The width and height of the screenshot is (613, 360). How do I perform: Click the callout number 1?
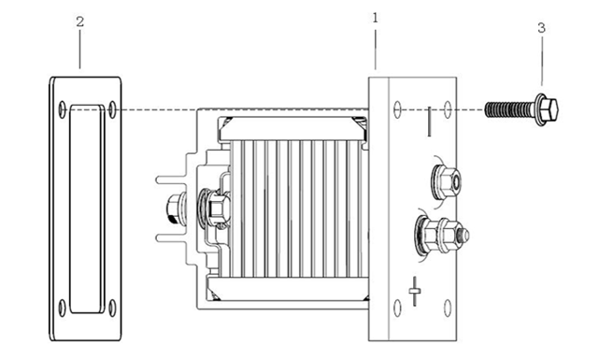click(x=376, y=18)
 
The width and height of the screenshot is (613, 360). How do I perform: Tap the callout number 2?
click(x=79, y=22)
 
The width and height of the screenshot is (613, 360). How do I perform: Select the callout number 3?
click(x=541, y=28)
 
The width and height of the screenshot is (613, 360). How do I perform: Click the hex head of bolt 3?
click(x=549, y=109)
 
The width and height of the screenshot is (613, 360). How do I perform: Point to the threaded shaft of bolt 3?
click(x=510, y=109)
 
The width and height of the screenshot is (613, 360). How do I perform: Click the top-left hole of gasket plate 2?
click(x=63, y=109)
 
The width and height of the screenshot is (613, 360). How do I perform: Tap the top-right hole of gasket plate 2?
click(x=112, y=109)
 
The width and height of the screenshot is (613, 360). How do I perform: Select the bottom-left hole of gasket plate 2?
click(x=63, y=308)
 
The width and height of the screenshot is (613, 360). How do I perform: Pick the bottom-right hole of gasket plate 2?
click(x=112, y=308)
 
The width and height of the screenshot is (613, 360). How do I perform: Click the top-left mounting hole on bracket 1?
click(x=397, y=109)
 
